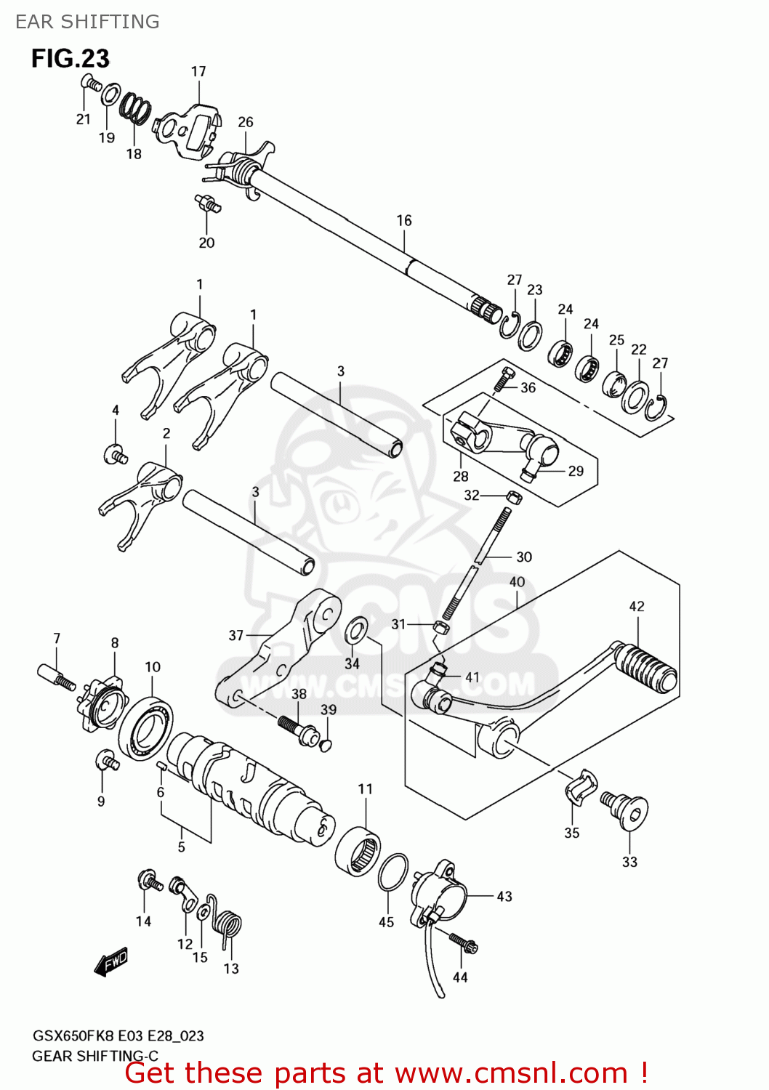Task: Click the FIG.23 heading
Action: coord(70,58)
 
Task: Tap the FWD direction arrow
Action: coord(111,963)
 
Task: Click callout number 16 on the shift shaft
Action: coord(404,220)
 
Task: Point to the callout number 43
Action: coord(504,897)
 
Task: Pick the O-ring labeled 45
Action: coord(392,871)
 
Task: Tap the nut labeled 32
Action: coord(513,497)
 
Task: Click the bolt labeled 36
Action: coord(504,379)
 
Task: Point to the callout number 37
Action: coord(236,636)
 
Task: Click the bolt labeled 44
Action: coord(463,942)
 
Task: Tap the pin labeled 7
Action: coord(56,676)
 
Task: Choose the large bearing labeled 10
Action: coord(146,728)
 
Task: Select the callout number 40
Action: coord(517,582)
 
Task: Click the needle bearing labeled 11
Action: coord(358,850)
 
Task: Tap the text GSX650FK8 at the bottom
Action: coord(73,1036)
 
